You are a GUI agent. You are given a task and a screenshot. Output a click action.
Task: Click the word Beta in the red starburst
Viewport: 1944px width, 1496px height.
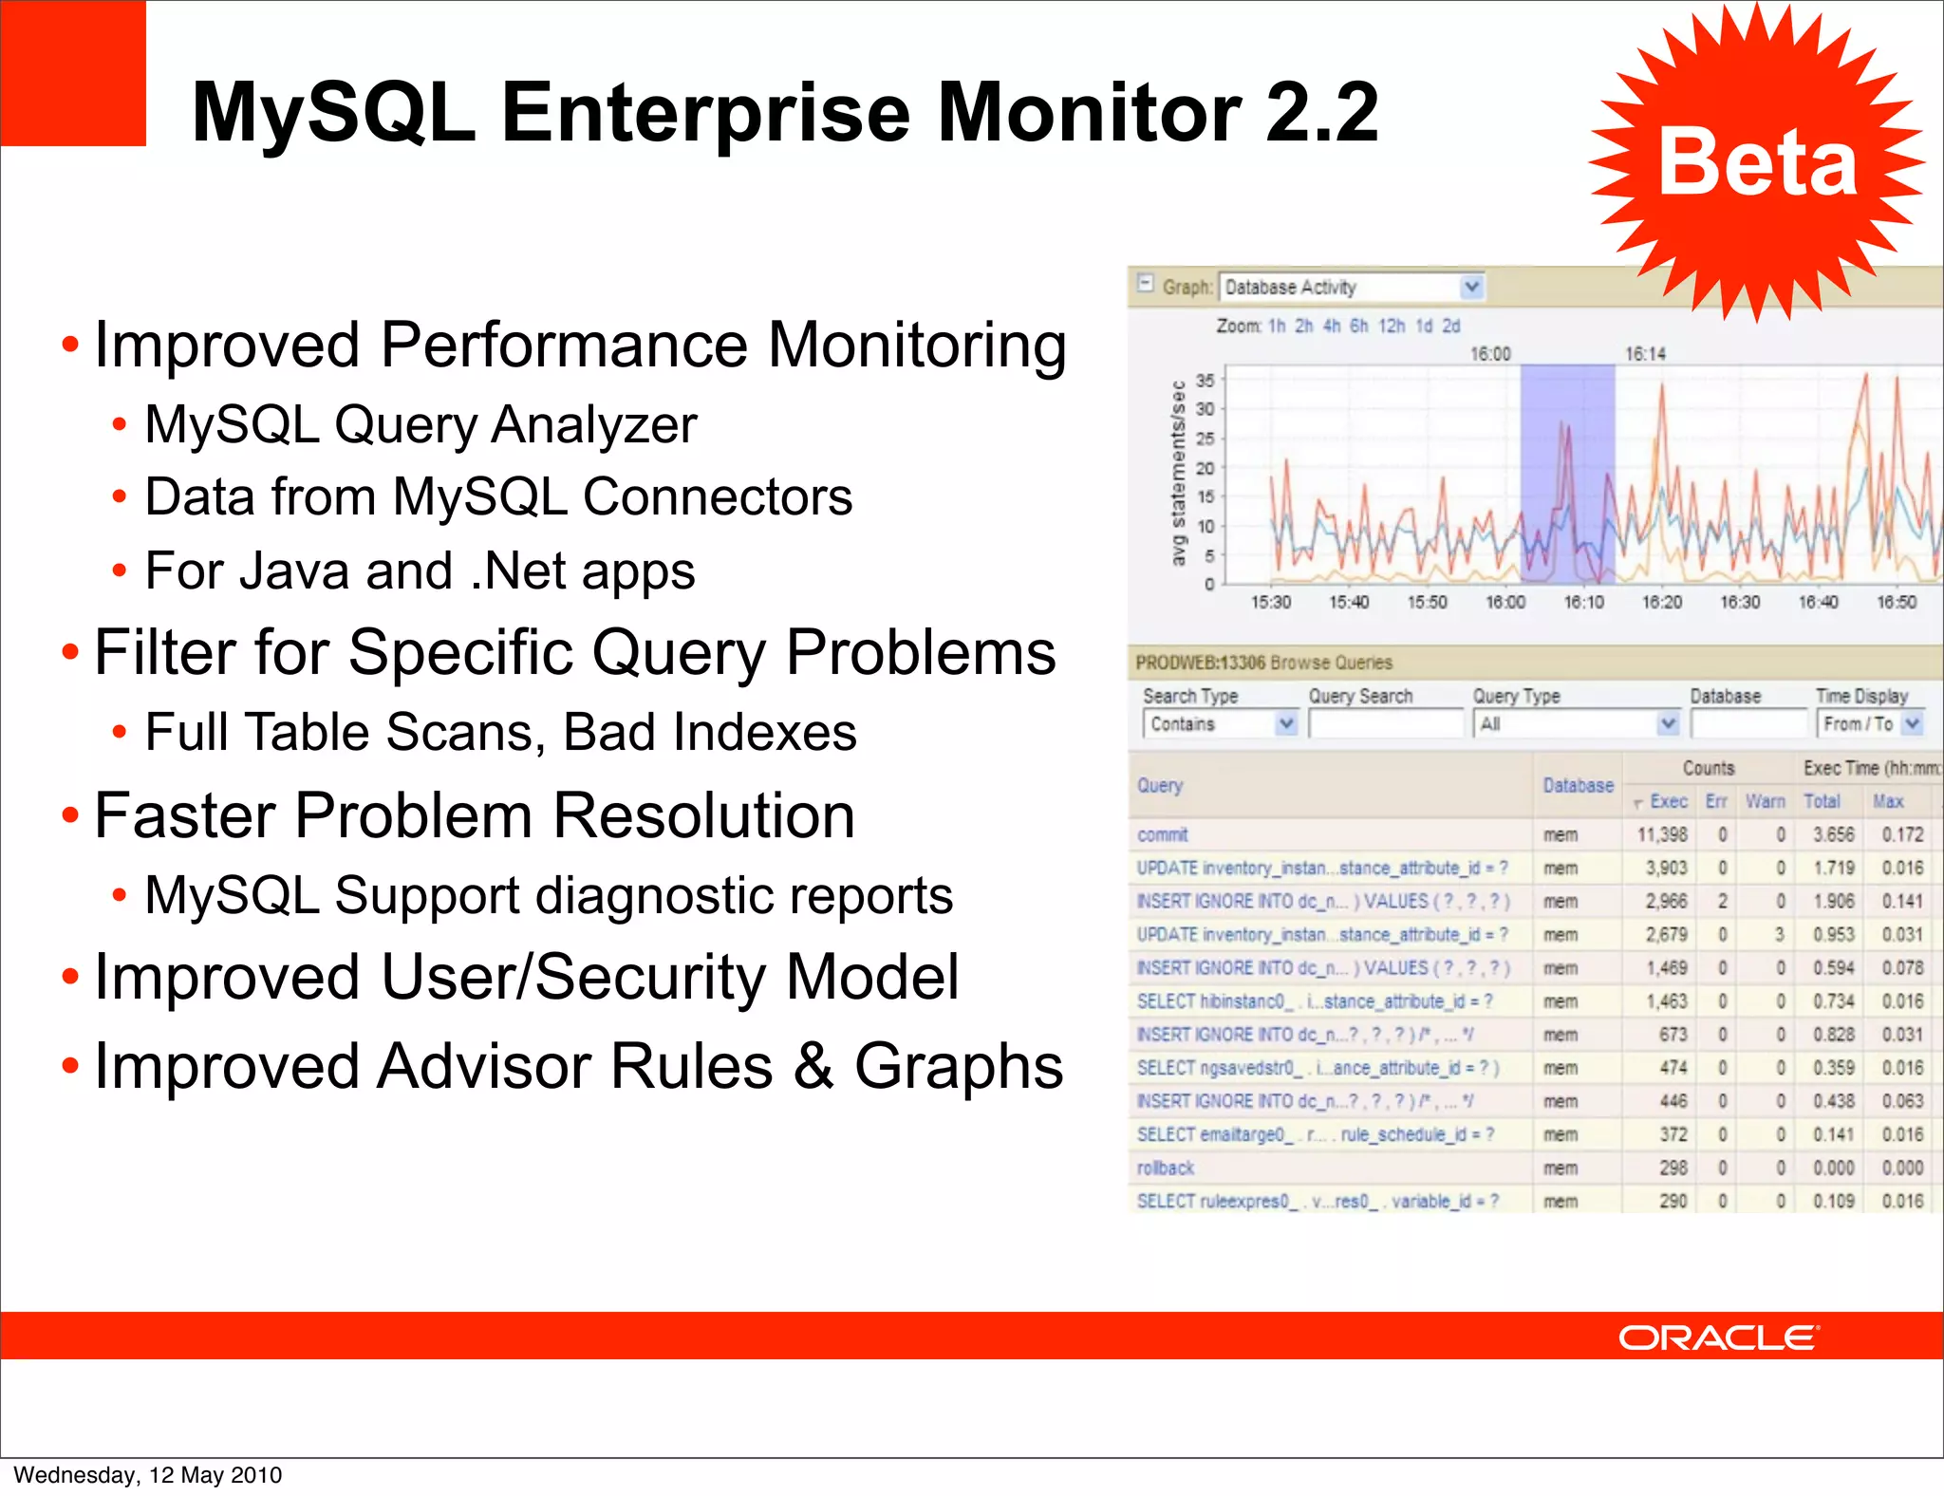pyautogui.click(x=1756, y=163)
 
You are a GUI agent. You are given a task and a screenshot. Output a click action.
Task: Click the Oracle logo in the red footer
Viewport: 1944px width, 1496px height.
pyautogui.click(x=1718, y=1337)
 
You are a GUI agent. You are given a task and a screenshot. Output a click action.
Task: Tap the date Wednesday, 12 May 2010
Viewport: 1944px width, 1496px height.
pyautogui.click(x=148, y=1474)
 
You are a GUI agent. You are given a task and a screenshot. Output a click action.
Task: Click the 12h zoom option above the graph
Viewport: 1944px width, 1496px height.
pyautogui.click(x=1392, y=326)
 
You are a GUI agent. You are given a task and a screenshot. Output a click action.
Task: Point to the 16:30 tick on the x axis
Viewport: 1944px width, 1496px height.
pyautogui.click(x=1740, y=602)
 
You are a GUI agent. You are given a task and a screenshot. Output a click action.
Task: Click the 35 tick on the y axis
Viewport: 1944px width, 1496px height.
pyautogui.click(x=1205, y=381)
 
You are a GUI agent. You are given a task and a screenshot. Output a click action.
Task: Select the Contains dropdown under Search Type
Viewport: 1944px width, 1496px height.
pyautogui.click(x=1219, y=724)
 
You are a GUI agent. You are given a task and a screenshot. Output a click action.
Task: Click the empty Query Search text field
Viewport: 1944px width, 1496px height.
pyautogui.click(x=1386, y=724)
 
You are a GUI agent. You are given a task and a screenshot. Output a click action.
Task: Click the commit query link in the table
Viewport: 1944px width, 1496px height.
pyautogui.click(x=1163, y=835)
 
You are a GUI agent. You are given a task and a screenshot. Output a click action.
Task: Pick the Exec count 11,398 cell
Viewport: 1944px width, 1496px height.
pyautogui.click(x=1662, y=835)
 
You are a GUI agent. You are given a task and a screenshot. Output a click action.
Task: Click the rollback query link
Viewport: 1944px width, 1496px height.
pyautogui.click(x=1166, y=1169)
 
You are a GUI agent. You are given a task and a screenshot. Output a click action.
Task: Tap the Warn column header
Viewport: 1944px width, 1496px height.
pyautogui.click(x=1765, y=801)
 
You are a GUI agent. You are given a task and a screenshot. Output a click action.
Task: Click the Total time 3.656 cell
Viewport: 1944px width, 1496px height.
pyautogui.click(x=1833, y=835)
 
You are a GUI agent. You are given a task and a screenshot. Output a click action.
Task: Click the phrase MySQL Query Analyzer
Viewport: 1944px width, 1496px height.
pyautogui.click(x=421, y=424)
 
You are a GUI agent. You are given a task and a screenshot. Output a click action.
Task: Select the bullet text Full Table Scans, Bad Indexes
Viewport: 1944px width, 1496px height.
pyautogui.click(x=500, y=732)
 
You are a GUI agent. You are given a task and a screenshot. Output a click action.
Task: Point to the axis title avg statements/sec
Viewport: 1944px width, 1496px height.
pyautogui.click(x=1179, y=473)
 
